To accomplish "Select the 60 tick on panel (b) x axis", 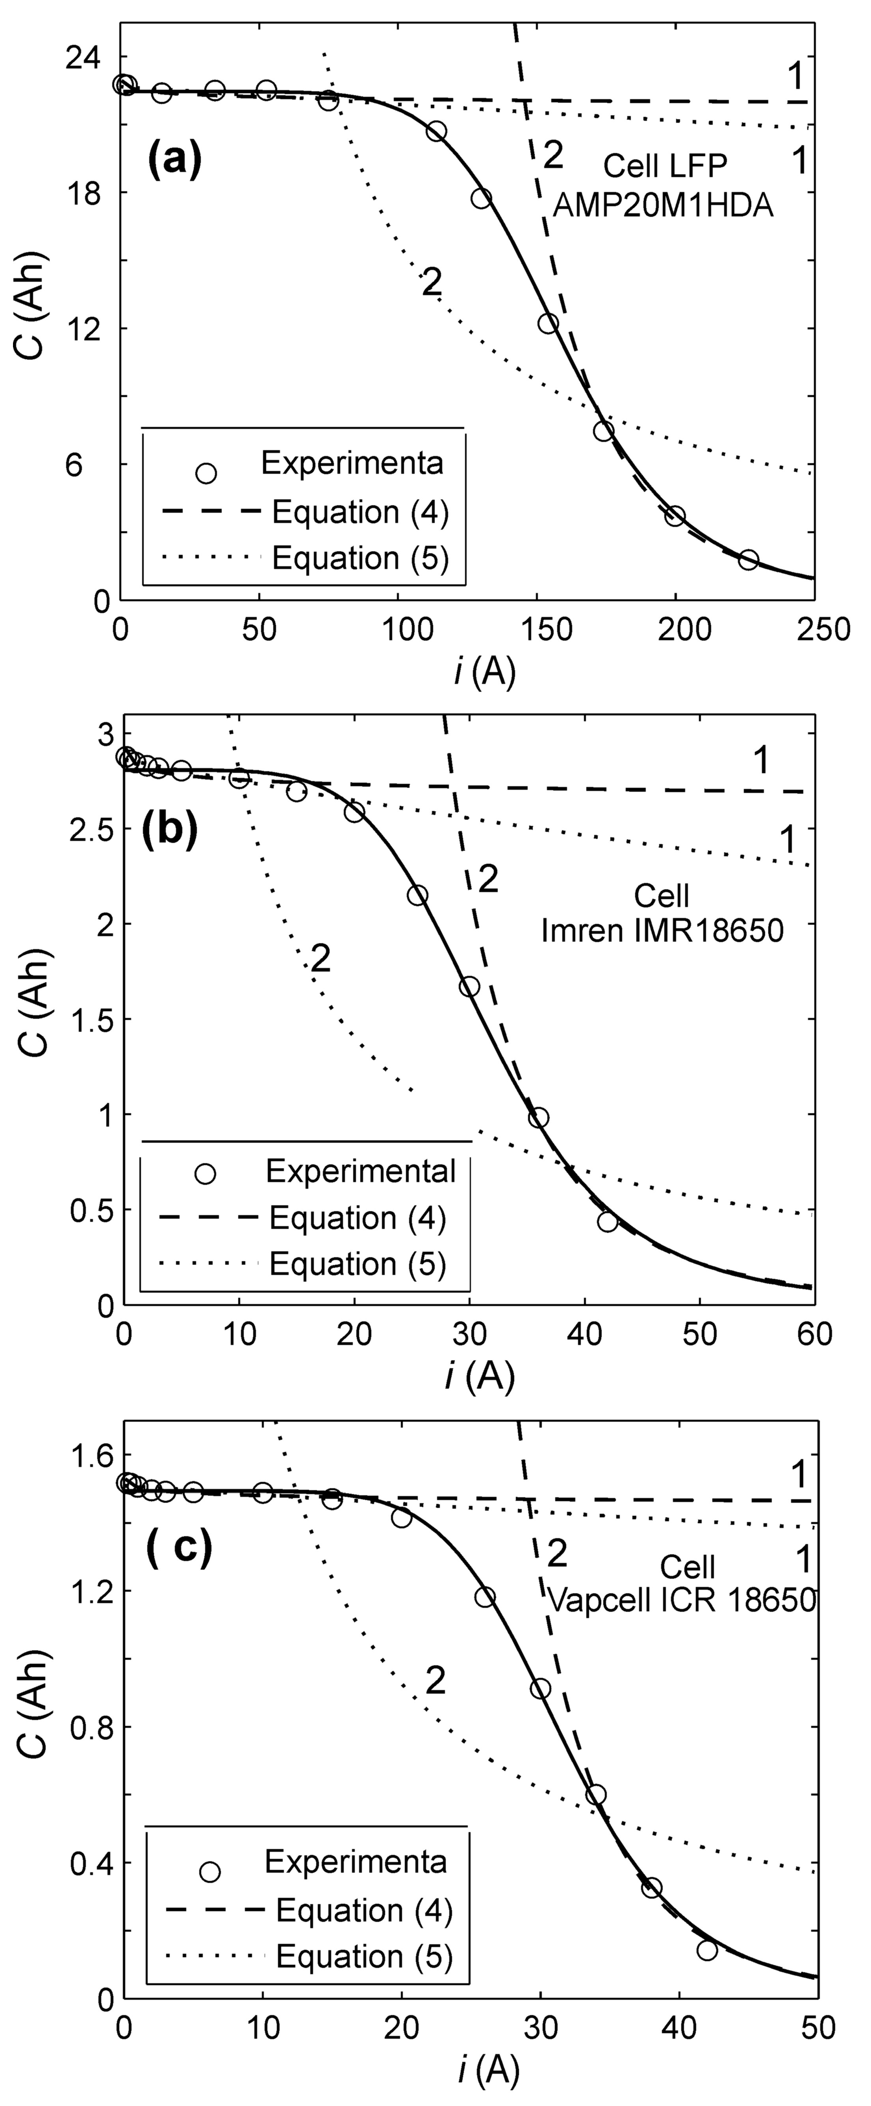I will point(814,1334).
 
